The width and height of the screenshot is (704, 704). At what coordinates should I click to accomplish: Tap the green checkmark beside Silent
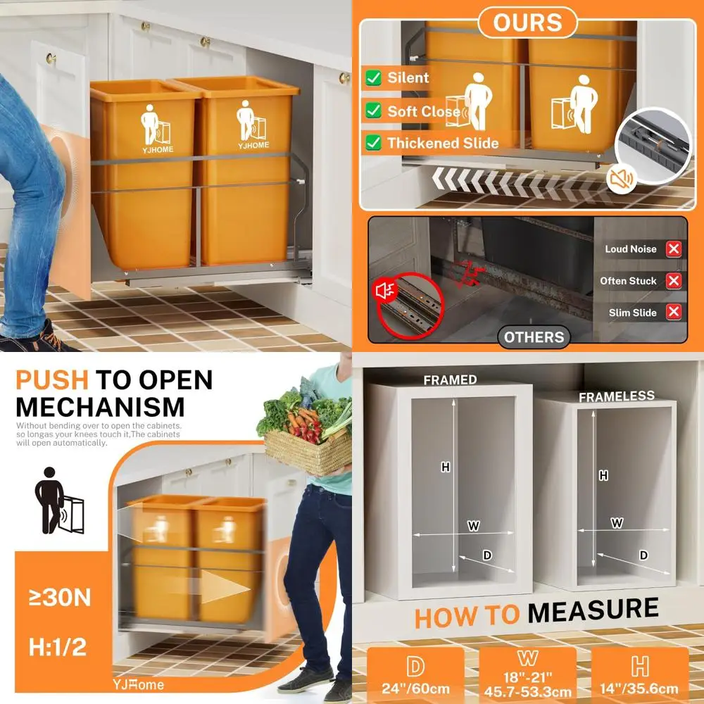point(373,77)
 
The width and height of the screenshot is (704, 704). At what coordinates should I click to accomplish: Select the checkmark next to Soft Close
point(373,111)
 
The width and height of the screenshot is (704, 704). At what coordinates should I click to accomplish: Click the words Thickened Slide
point(443,143)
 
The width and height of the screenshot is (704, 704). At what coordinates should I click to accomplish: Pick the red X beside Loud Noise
point(674,249)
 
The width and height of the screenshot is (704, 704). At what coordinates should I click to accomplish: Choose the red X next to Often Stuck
point(674,281)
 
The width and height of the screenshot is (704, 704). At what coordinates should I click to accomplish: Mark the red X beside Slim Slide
point(674,313)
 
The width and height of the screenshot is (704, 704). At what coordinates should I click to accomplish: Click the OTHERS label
point(534,337)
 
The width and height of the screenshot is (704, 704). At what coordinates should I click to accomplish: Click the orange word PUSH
point(51,380)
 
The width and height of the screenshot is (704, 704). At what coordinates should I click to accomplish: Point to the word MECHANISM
point(100,407)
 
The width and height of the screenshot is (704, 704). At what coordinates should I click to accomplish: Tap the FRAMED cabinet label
point(450,380)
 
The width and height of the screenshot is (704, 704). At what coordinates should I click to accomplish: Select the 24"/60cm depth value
point(415,689)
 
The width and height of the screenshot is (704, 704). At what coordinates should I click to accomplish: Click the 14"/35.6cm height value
point(640,689)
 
